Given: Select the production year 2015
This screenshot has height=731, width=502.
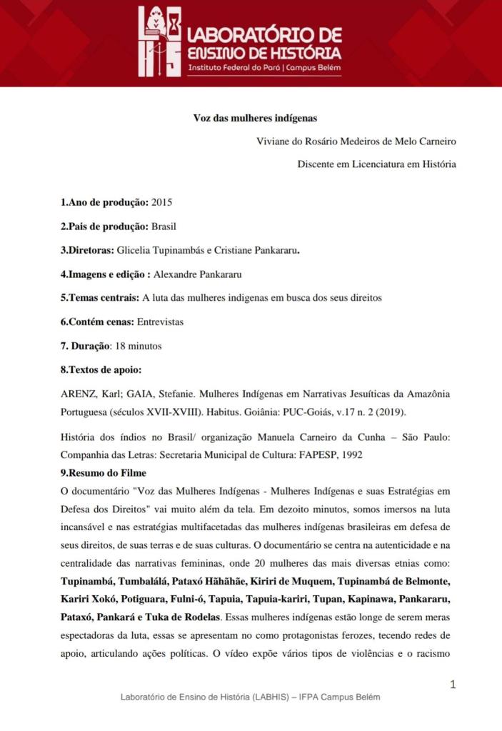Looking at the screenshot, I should coord(161,202).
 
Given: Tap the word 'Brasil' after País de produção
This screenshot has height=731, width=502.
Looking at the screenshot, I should coord(164,227).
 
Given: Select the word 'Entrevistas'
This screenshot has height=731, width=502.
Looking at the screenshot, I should coord(160,322).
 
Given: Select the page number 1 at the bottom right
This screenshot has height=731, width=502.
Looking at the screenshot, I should coord(452,685).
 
